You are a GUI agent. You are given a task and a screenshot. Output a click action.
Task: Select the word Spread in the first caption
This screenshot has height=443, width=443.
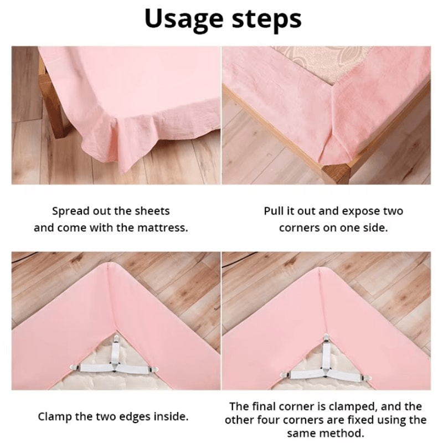pos(70,211)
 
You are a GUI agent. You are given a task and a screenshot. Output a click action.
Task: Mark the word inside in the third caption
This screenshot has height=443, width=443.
pos(169,416)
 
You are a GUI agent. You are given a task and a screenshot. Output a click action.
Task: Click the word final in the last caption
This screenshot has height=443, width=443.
pos(262,407)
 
